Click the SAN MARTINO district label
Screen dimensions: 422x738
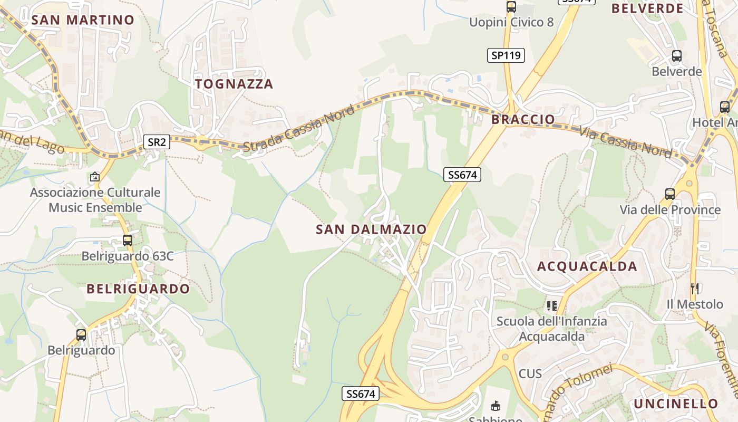83,20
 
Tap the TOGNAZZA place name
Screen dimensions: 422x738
234,84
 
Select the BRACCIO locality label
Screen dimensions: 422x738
523,120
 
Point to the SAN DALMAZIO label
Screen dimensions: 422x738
371,229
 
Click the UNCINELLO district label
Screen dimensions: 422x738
676,404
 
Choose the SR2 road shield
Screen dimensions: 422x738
157,141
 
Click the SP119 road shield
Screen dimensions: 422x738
506,55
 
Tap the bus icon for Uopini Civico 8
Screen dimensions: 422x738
511,7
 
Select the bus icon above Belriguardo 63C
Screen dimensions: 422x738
127,241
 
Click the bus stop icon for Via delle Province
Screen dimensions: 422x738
669,194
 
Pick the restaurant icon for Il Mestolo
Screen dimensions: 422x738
695,289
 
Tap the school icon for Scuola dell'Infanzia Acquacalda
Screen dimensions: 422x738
552,305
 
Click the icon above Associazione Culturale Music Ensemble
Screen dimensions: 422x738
95,177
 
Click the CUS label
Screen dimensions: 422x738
530,373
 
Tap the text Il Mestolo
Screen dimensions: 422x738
695,304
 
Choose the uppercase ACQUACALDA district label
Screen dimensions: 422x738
587,266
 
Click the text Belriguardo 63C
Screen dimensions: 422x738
127,256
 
